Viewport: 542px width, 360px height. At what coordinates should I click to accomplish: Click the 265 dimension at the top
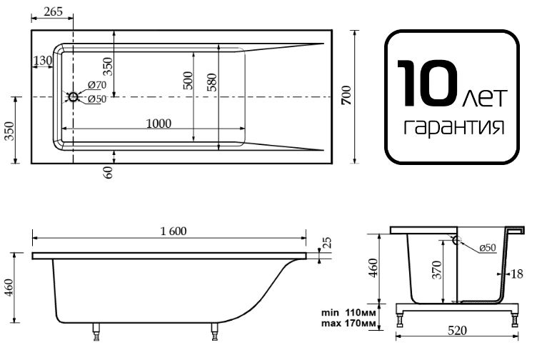[54, 11]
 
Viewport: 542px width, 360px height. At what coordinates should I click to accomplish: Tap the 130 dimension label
[43, 61]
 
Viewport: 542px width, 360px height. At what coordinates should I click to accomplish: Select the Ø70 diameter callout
[97, 85]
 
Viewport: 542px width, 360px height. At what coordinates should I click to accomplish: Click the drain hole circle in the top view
[74, 97]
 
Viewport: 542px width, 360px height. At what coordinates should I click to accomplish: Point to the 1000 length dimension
[159, 124]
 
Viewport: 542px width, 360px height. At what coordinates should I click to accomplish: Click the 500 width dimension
[188, 81]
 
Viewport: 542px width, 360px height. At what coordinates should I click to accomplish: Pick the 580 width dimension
[212, 82]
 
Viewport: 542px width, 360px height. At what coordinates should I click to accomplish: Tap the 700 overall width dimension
[346, 96]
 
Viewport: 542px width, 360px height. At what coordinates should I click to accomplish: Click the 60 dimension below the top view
[109, 172]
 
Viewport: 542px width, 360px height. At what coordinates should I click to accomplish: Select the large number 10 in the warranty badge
[427, 83]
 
